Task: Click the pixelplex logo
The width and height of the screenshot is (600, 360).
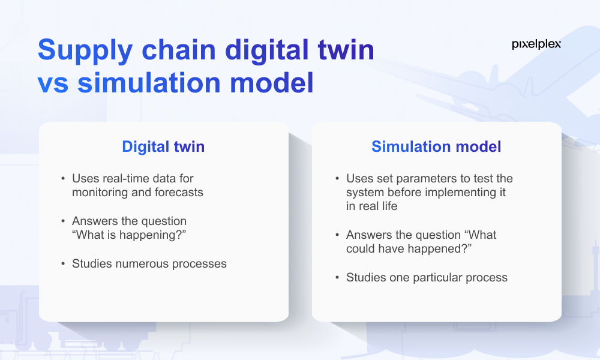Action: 536,44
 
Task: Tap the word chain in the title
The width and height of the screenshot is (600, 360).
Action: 179,50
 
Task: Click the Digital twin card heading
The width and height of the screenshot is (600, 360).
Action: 163,146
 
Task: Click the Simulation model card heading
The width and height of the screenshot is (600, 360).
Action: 436,146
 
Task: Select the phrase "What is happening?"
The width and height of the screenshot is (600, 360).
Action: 129,235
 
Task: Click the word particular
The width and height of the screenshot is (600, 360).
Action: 433,277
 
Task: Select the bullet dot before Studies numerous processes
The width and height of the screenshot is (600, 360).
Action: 63,263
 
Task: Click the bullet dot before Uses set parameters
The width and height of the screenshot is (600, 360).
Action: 337,178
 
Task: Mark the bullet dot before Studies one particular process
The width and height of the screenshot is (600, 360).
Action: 337,277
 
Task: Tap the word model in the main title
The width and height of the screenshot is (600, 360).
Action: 272,83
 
